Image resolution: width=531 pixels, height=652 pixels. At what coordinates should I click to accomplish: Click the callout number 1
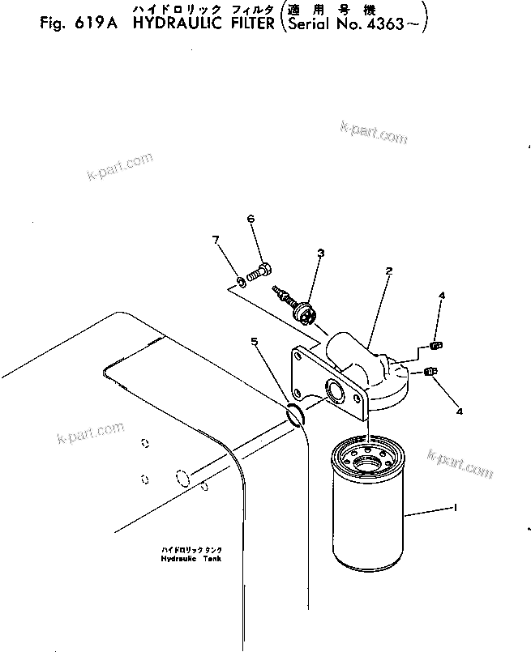click(456, 507)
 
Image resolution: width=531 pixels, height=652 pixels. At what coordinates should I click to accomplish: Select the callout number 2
click(388, 271)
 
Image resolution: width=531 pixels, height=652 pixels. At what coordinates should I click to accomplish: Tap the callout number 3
click(321, 253)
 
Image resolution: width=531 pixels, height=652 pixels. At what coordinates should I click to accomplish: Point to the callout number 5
click(255, 341)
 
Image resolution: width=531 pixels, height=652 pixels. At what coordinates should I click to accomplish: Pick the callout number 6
click(251, 219)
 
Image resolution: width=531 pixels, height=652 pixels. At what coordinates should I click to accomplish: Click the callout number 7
click(215, 240)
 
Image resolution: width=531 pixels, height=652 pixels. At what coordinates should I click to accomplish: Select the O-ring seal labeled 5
click(296, 415)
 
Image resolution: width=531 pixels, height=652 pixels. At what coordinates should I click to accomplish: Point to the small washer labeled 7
click(241, 283)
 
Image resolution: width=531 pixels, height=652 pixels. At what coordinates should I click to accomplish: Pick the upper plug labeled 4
click(435, 345)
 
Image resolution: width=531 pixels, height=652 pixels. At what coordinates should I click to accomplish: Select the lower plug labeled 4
click(429, 371)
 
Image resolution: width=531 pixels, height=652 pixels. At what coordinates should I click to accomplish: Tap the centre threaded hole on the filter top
click(367, 462)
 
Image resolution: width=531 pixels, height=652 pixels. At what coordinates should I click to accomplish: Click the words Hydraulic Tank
click(191, 558)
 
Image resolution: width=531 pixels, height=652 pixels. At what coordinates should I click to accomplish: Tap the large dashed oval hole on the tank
click(182, 477)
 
